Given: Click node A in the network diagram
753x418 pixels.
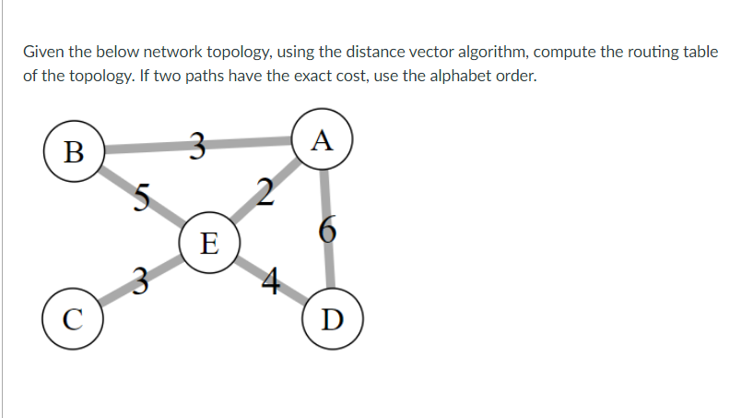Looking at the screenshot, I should (321, 141).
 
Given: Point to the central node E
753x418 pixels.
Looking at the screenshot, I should (209, 244).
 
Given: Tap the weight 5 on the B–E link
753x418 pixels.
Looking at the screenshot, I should (140, 196).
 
